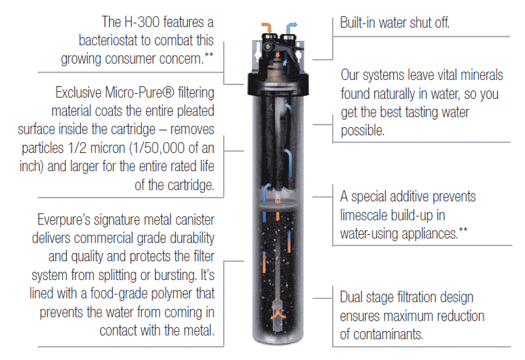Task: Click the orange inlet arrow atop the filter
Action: coord(265,26)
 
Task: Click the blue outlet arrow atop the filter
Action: coord(292,26)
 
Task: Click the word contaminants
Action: coord(387,335)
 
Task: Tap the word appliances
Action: coord(423,233)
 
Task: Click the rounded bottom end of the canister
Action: coord(278,340)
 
